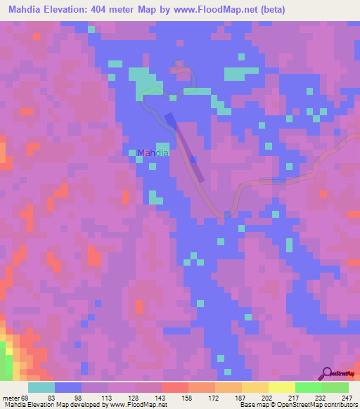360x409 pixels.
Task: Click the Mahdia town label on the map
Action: [x=153, y=152]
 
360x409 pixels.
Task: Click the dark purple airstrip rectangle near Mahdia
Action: [x=186, y=148]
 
